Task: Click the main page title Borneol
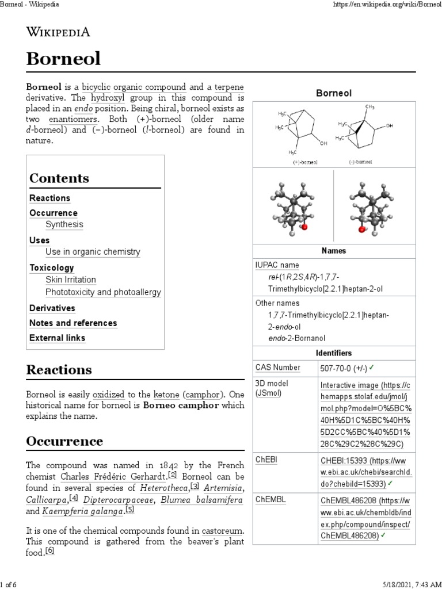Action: pyautogui.click(x=63, y=58)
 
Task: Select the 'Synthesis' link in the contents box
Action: pyautogui.click(x=64, y=225)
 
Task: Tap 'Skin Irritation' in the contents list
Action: pyautogui.click(x=71, y=280)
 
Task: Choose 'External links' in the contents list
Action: pyautogui.click(x=57, y=338)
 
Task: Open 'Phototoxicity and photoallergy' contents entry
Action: pyautogui.click(x=103, y=292)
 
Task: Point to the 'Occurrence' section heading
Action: pyautogui.click(x=64, y=442)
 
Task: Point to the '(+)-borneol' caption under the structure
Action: pyautogui.click(x=304, y=163)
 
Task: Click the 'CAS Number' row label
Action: pyautogui.click(x=278, y=368)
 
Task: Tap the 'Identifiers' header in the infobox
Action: pyautogui.click(x=334, y=353)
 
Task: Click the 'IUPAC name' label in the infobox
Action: pyautogui.click(x=277, y=265)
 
